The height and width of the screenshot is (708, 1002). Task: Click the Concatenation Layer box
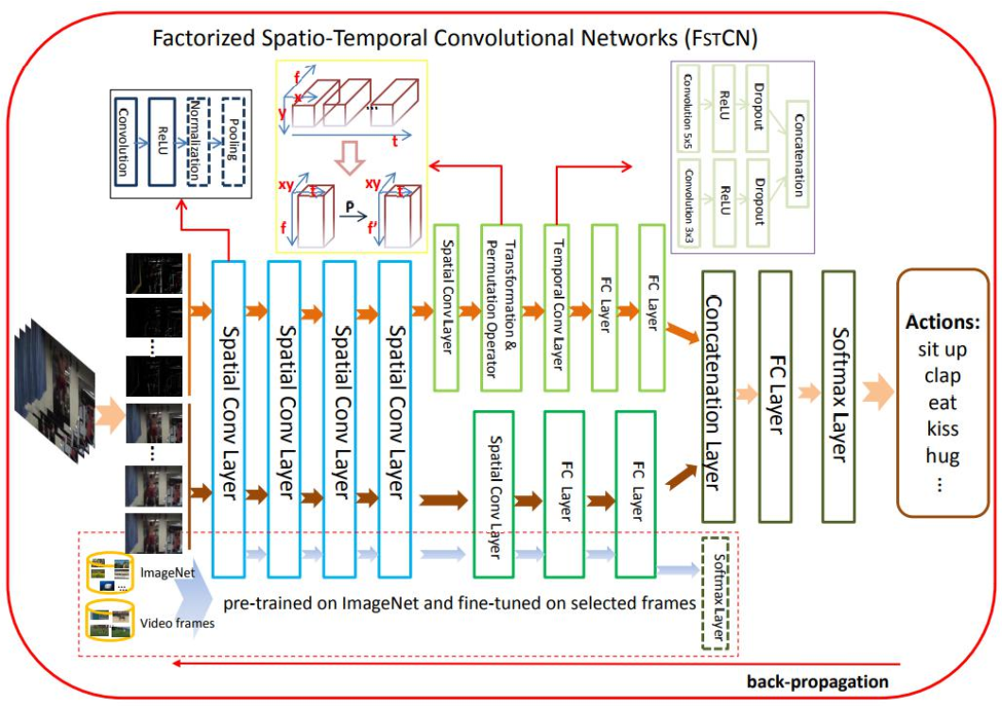(720, 395)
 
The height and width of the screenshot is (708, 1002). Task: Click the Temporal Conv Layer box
(559, 308)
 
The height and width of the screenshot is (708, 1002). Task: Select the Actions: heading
(942, 321)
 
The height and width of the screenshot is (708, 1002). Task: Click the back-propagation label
(817, 682)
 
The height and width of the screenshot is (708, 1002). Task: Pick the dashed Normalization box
(196, 142)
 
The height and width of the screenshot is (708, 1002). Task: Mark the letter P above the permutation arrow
(349, 202)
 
